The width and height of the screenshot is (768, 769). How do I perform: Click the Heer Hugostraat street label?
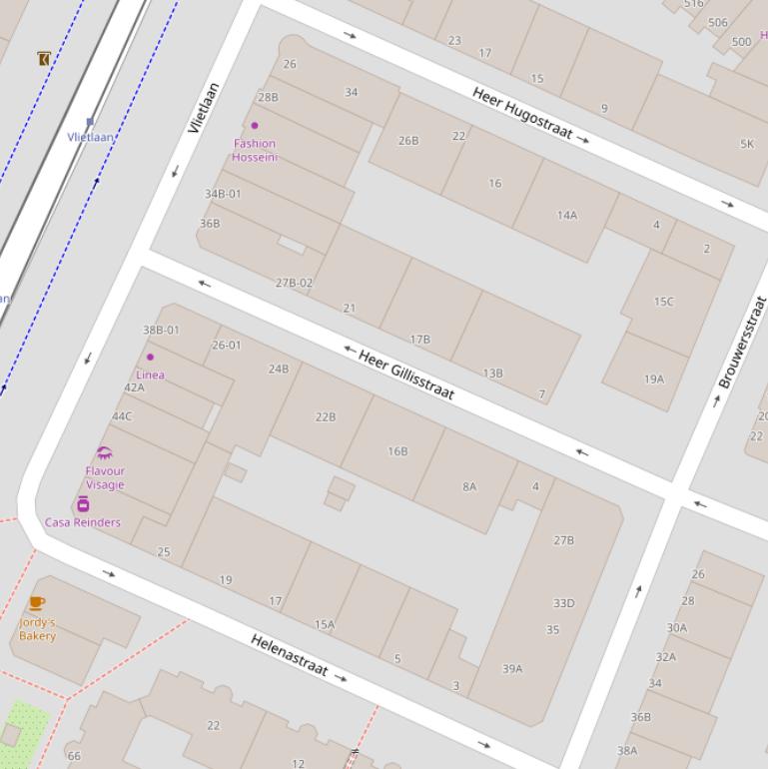(x=521, y=112)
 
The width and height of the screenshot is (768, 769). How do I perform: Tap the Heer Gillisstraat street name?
(x=406, y=374)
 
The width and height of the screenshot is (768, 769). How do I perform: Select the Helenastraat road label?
(x=289, y=655)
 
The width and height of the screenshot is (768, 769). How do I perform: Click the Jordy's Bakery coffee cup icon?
(x=37, y=603)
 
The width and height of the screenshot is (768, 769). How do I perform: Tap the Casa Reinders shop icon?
(x=83, y=504)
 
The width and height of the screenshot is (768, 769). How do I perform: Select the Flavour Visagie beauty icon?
(x=105, y=453)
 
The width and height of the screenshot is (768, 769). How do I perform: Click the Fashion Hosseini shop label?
(x=255, y=150)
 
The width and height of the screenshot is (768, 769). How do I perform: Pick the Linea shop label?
(x=151, y=375)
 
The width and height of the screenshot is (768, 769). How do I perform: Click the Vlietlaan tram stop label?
(x=90, y=137)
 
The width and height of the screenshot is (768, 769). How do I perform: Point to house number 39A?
(x=512, y=669)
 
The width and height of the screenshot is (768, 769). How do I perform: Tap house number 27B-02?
(x=294, y=283)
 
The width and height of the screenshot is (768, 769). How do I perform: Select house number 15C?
(x=663, y=302)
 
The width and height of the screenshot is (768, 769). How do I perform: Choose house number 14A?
(x=567, y=215)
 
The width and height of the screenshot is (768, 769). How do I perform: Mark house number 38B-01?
(x=161, y=330)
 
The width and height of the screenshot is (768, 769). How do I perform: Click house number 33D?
(x=564, y=603)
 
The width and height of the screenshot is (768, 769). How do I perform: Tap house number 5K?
(x=747, y=144)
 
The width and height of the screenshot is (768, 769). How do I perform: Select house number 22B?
(x=326, y=416)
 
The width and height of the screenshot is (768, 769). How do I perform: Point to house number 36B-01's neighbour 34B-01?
(x=223, y=194)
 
